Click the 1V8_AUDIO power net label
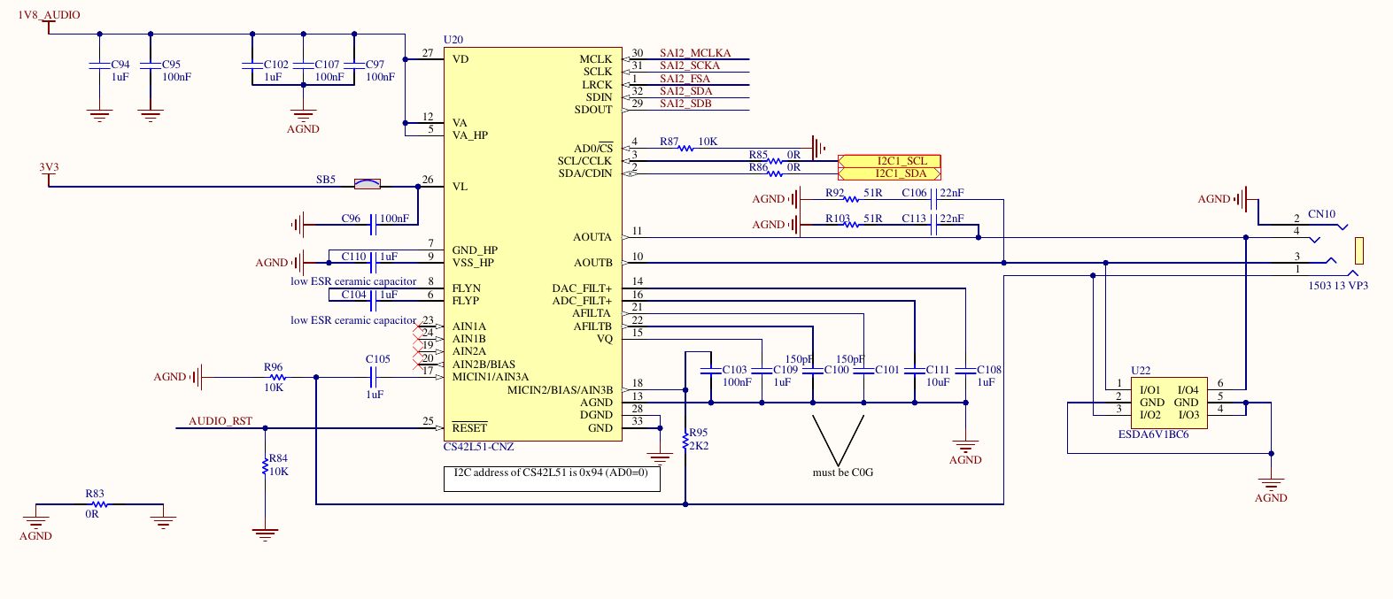click(49, 15)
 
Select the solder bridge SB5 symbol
click(367, 184)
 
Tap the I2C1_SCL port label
click(890, 161)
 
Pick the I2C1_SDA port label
click(890, 173)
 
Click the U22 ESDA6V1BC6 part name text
click(1153, 434)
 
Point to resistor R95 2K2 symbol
click(685, 440)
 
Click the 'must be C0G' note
click(842, 472)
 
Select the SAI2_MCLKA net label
click(694, 53)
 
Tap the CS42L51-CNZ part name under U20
click(478, 447)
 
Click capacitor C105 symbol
click(374, 377)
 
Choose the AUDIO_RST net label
click(220, 421)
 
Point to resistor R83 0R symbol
click(98, 504)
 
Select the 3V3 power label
click(49, 167)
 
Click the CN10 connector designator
click(1320, 214)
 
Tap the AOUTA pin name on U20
click(592, 237)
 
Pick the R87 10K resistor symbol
click(685, 148)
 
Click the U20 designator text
click(453, 40)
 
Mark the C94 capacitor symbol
click(99, 66)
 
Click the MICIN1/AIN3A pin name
click(490, 377)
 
